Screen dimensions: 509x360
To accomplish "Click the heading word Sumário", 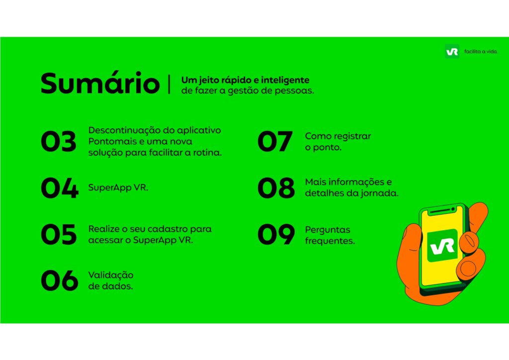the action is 100,83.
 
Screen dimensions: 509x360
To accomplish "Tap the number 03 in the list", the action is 59,142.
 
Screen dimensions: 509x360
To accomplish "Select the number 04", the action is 60,188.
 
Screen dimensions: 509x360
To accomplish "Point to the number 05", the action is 59,234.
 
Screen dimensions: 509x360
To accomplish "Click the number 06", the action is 60,280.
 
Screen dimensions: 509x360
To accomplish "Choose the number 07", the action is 275,142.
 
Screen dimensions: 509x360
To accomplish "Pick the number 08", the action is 276,188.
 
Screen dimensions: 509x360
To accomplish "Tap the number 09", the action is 276,234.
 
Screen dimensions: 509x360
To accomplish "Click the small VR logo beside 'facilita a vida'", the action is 452,51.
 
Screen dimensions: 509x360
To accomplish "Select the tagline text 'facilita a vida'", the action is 481,52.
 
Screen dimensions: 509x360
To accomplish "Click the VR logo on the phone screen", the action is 442,246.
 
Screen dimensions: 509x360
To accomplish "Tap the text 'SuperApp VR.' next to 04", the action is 118,188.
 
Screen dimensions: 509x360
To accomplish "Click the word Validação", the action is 111,275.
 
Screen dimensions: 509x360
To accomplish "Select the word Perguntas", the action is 328,230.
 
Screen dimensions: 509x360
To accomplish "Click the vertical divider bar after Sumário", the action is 169,84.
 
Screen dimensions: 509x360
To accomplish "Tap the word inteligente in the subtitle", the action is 285,80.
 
